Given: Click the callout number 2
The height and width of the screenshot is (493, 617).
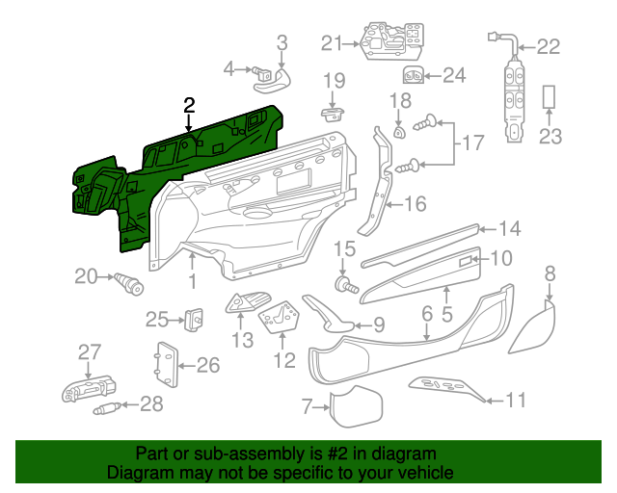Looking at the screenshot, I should tap(189, 105).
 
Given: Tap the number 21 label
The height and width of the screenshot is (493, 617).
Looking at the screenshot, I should tap(332, 42).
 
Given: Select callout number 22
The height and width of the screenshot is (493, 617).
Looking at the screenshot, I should tap(548, 45).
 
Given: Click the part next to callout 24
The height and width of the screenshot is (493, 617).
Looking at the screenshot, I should tap(414, 75).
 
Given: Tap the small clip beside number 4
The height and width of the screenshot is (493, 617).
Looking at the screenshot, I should tap(261, 69).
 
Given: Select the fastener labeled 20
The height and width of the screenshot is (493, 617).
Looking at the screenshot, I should tap(129, 283).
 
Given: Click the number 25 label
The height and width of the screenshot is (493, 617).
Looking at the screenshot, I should tap(157, 319).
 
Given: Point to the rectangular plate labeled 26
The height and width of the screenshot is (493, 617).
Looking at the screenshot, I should tap(165, 364).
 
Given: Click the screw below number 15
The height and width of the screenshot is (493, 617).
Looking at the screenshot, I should tap(345, 285).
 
